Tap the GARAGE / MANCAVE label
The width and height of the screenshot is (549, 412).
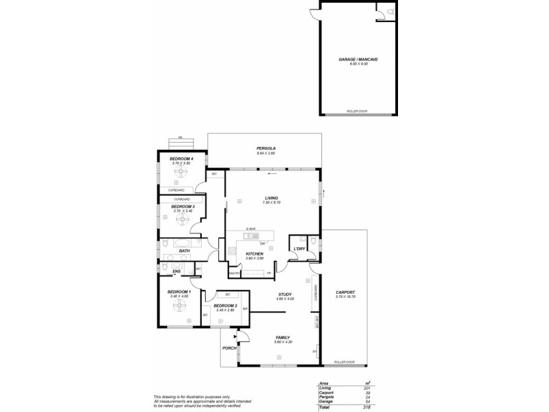pyautogui.click(x=358, y=60)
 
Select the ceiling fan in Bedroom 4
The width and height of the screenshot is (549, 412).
pyautogui.click(x=182, y=174)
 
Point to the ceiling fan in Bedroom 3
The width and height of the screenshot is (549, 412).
pyautogui.click(x=183, y=220)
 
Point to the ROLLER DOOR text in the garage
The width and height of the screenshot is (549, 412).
pyautogui.click(x=358, y=110)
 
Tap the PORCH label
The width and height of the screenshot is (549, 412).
pyautogui.click(x=229, y=348)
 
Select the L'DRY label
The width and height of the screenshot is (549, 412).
pyautogui.click(x=299, y=249)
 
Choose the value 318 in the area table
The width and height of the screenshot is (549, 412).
pyautogui.click(x=368, y=407)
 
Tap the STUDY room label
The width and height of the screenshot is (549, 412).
pyautogui.click(x=285, y=294)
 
